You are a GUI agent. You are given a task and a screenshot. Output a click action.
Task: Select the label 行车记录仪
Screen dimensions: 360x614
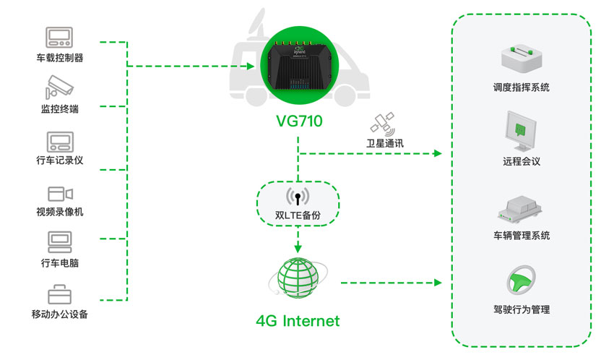[59, 160]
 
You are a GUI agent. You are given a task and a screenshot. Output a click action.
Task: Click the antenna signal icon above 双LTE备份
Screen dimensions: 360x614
[297, 196]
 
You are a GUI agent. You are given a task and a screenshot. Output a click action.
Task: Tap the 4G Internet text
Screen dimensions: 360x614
[298, 320]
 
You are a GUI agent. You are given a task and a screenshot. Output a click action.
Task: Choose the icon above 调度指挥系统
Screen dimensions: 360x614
[521, 55]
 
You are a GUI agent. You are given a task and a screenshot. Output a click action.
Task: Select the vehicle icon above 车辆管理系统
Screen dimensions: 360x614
[521, 207]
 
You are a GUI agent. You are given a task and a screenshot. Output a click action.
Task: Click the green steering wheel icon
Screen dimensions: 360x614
[521, 280]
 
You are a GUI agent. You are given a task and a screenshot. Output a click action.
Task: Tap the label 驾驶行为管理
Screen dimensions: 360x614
[521, 309]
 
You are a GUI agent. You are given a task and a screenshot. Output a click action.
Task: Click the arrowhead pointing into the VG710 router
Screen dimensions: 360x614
[251, 67]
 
